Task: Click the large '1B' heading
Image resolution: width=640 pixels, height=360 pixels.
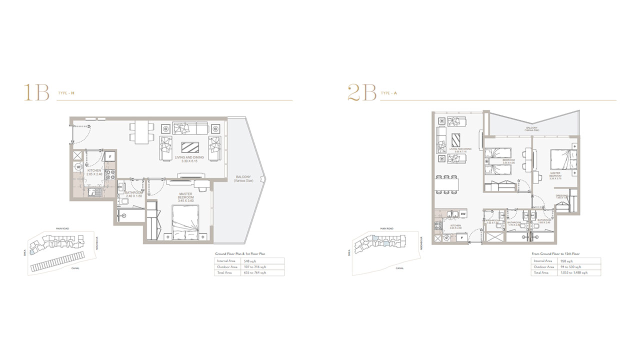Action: (36, 93)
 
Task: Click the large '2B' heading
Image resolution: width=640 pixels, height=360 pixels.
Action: (361, 93)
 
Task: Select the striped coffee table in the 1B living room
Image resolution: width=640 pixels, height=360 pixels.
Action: (189, 147)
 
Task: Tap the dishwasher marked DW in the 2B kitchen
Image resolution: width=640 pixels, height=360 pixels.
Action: (463, 214)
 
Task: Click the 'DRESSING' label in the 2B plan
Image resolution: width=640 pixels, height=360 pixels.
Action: (561, 195)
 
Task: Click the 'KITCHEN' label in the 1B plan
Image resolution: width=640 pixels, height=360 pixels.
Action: (94, 170)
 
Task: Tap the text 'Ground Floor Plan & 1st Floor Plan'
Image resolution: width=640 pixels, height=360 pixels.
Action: (240, 254)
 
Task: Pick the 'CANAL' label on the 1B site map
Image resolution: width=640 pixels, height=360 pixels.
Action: (75, 268)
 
